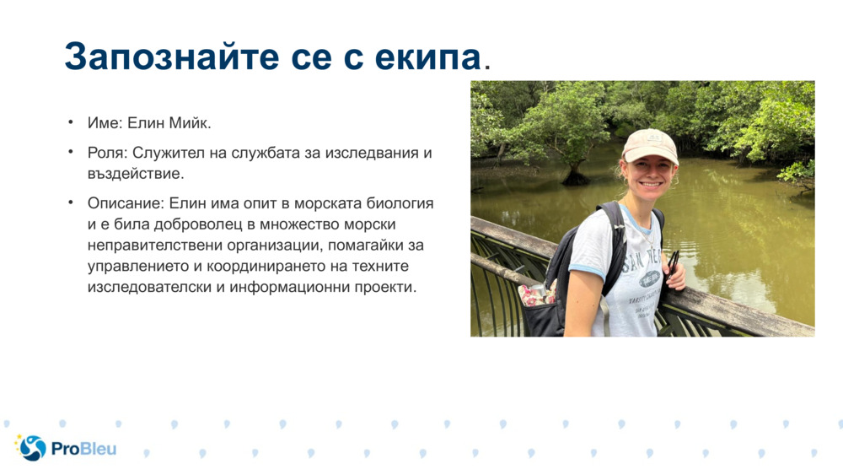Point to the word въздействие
[x=134, y=173]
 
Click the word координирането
[x=300, y=267]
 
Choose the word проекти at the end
[x=386, y=287]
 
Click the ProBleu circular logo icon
[x=32, y=447]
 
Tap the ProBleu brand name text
[x=83, y=448]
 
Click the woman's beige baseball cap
[x=650, y=145]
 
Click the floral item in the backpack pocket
[x=533, y=294]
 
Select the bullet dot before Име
[x=72, y=123]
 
